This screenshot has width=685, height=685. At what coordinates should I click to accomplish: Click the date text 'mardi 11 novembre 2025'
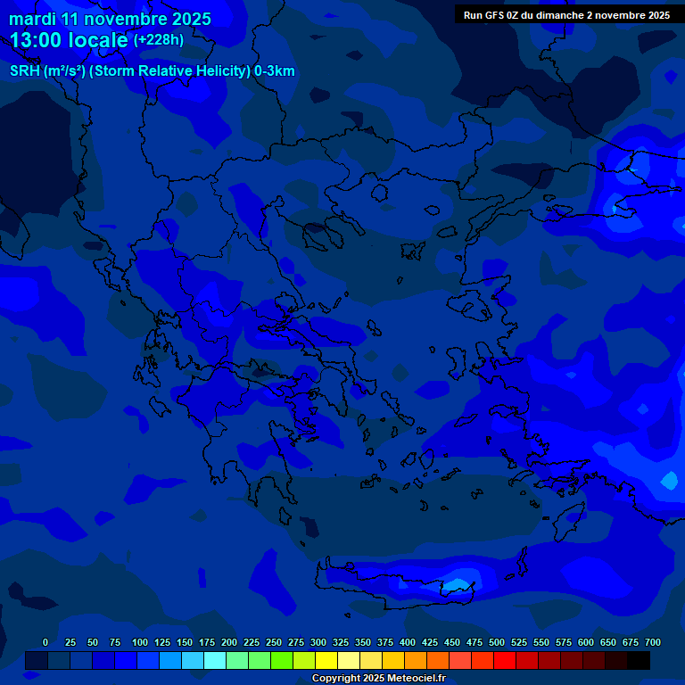(110, 19)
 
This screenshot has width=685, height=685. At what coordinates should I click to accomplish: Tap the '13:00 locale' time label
(69, 40)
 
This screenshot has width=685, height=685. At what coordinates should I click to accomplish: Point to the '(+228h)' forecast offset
(159, 40)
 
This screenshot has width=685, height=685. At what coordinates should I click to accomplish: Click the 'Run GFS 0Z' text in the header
(492, 15)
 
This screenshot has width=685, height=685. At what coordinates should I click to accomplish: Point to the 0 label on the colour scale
(45, 642)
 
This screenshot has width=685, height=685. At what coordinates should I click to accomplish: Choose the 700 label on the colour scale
(652, 642)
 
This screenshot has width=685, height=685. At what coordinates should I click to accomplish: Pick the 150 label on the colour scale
(184, 642)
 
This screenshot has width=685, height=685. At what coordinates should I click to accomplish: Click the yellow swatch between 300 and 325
(326, 661)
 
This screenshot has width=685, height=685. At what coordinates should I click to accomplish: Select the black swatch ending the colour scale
(639, 661)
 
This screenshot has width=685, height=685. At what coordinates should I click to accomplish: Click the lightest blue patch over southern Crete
(458, 585)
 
